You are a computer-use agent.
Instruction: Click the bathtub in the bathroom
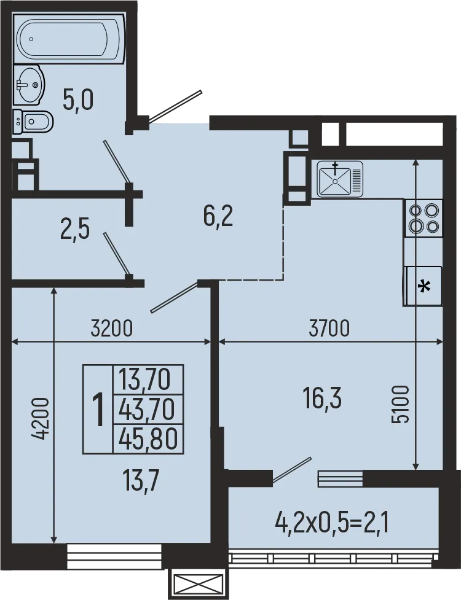click(x=69, y=39)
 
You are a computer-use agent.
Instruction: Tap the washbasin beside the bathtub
click(x=28, y=85)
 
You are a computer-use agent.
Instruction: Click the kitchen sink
click(x=341, y=179)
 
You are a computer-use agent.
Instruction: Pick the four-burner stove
click(x=424, y=218)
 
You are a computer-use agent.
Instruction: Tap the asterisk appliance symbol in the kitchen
click(x=424, y=286)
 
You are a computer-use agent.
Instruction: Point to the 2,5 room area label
click(x=75, y=232)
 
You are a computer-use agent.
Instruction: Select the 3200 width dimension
click(x=111, y=329)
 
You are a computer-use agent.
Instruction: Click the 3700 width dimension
click(x=329, y=329)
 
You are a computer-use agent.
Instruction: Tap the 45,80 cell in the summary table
click(x=148, y=438)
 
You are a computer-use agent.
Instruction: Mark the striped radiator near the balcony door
click(x=340, y=478)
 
